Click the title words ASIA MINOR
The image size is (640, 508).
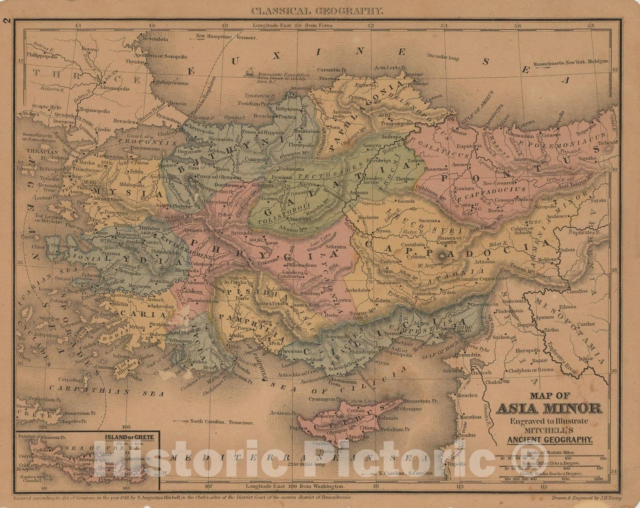549,409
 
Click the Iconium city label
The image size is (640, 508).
310,294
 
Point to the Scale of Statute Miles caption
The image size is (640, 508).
550,452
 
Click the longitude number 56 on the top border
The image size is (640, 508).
518,26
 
